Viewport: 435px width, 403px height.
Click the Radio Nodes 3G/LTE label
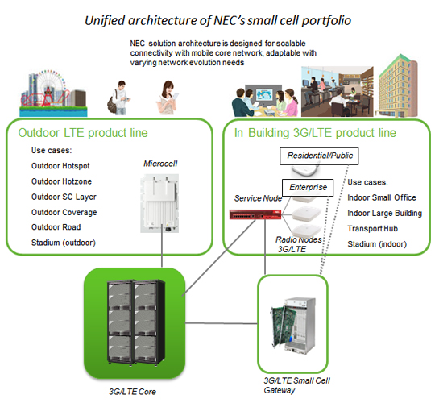pos(301,244)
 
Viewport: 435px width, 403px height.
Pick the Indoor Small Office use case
pos(386,197)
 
